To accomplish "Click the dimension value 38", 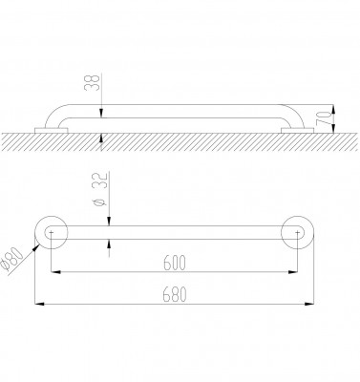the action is [x=93, y=82].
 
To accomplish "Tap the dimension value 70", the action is [x=323, y=118].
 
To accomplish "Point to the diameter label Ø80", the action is [x=11, y=261].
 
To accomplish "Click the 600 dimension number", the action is [x=174, y=264].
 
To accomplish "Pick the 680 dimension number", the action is [x=174, y=294].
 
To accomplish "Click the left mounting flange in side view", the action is [x=51, y=131].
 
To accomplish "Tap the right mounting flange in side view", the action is [x=297, y=131].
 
